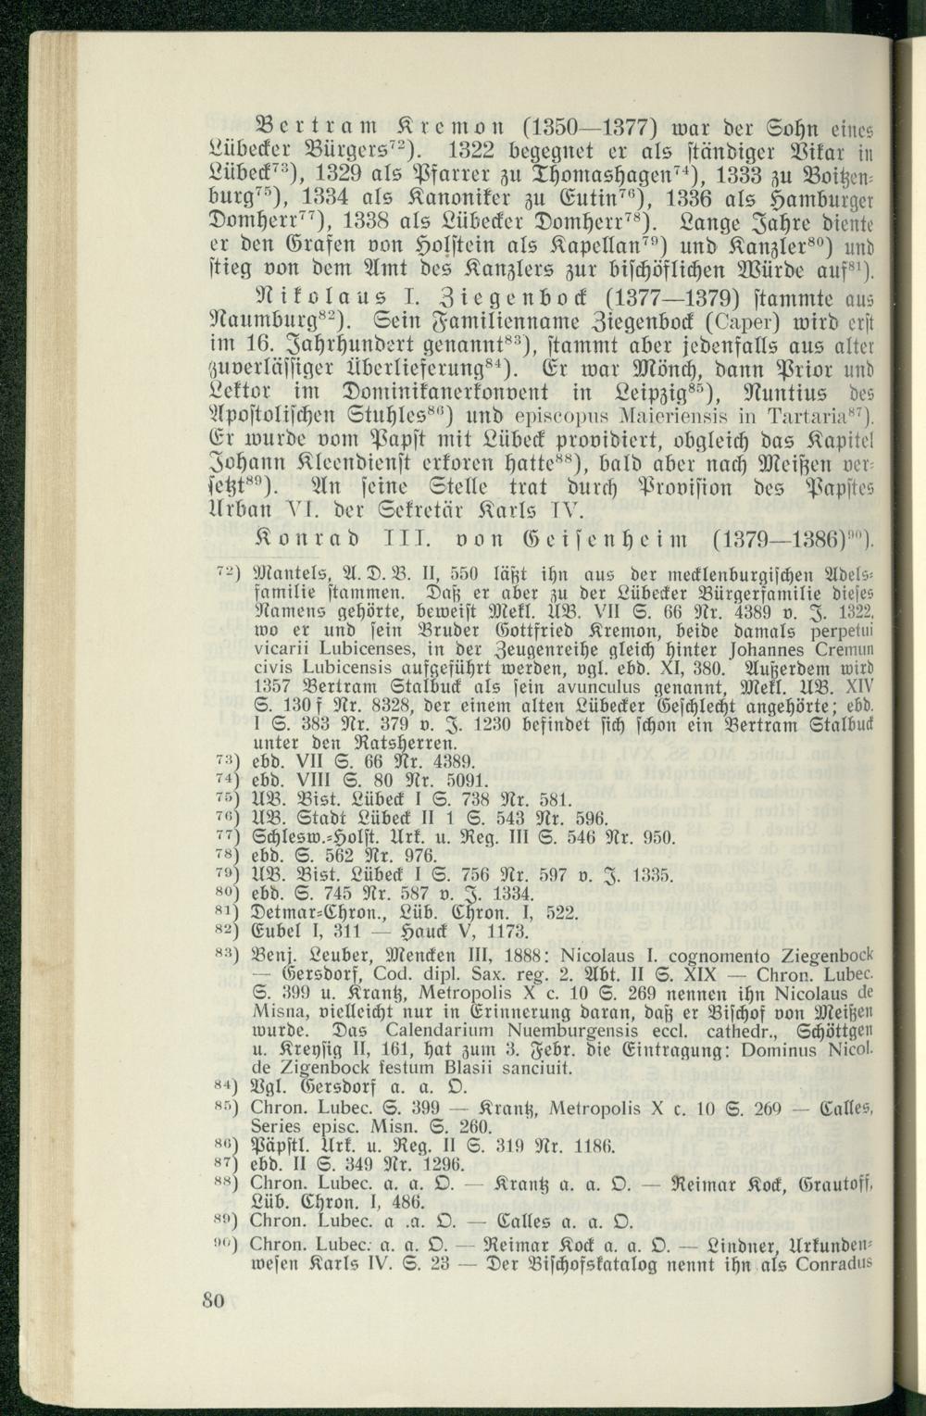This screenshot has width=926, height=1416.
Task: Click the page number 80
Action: pyautogui.click(x=213, y=1299)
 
